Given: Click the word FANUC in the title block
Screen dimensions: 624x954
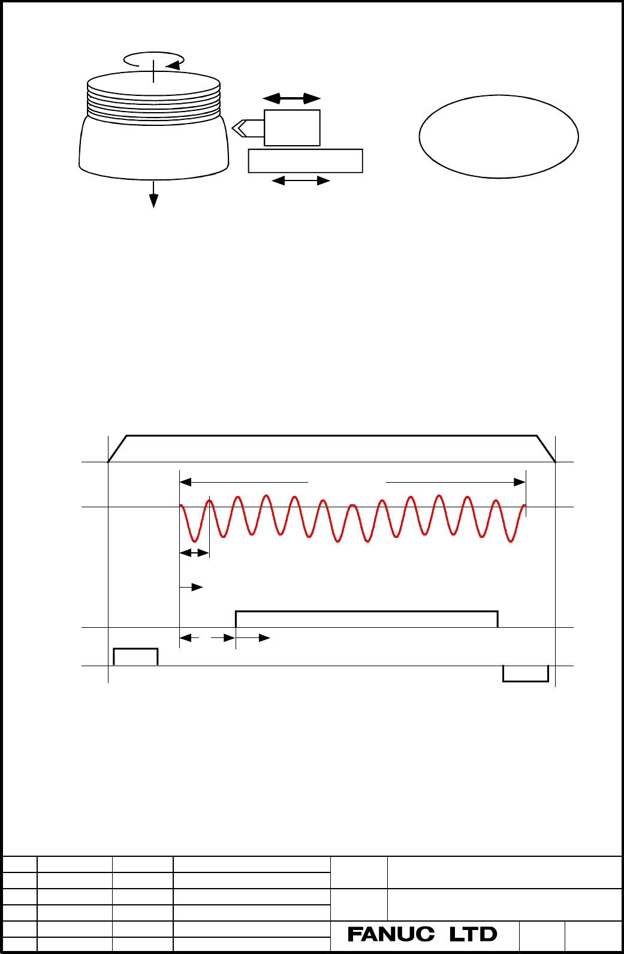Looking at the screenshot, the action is click(391, 934).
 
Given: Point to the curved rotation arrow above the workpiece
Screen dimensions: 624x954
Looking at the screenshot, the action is click(153, 53).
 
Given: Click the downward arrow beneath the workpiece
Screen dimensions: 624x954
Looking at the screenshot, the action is click(153, 194).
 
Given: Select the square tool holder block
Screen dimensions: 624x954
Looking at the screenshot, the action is click(292, 128).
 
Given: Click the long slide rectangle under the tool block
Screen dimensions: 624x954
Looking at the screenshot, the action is click(305, 161).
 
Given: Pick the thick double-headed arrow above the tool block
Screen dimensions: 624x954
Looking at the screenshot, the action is click(291, 99).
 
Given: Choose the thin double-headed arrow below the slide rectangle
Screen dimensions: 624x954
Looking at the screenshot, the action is click(300, 181).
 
